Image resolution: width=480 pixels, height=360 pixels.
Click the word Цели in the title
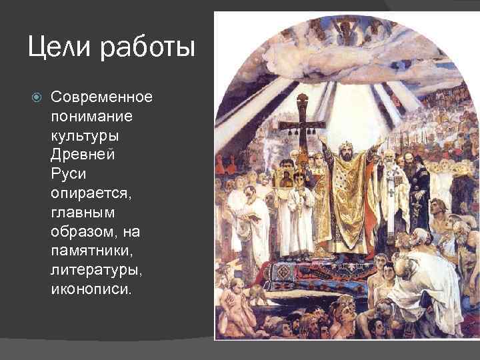coord(61,48)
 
